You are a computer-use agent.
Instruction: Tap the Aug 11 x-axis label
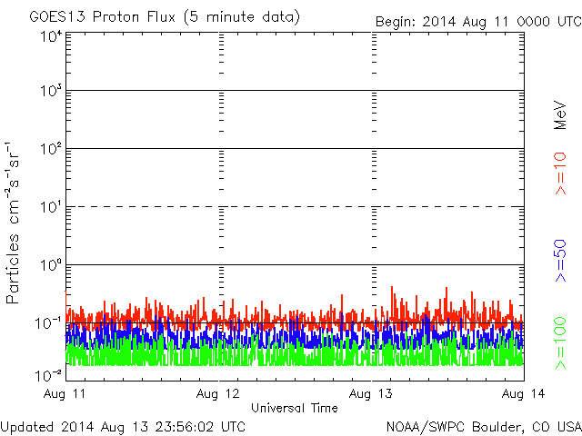coord(67,394)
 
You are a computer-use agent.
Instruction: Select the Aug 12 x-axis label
coord(219,394)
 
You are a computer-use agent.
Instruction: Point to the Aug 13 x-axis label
coord(372,394)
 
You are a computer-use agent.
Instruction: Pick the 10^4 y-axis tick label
coord(50,36)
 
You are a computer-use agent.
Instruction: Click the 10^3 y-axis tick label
coord(50,92)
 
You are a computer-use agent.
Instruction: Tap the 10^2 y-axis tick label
coord(50,149)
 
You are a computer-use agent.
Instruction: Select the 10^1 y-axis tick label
coord(50,207)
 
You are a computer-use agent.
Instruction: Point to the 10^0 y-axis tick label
coord(50,265)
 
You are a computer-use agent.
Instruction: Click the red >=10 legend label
coord(560,173)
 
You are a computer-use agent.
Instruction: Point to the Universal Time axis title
coord(294,408)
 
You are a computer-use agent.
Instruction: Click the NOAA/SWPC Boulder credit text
coord(483,426)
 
